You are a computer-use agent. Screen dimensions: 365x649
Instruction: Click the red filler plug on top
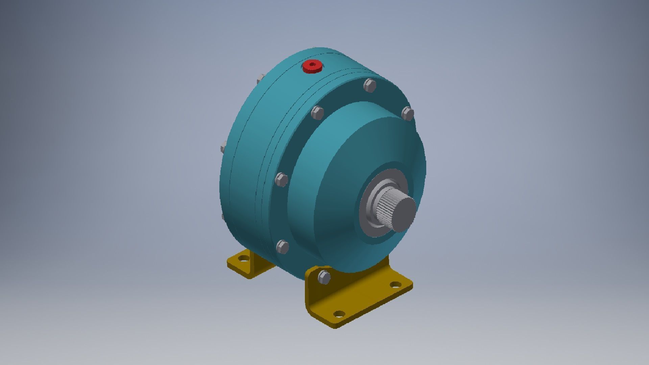[x=312, y=67]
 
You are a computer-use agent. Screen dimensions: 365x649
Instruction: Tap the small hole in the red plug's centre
[x=311, y=64]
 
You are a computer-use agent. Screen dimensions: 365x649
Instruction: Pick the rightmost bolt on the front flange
[x=408, y=114]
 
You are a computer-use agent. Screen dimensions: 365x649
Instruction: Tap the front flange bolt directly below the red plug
[x=317, y=113]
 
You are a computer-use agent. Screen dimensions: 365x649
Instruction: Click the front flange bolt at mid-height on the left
[x=281, y=179]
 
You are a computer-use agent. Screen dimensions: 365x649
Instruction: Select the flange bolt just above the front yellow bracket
[x=283, y=247]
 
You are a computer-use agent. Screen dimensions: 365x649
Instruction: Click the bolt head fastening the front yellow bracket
[x=324, y=277]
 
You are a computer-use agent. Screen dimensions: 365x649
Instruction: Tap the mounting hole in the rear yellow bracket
[x=243, y=259]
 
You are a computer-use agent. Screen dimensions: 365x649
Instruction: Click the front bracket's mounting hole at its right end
[x=394, y=285]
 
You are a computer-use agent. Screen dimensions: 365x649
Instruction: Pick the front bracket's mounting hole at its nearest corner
[x=338, y=314]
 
